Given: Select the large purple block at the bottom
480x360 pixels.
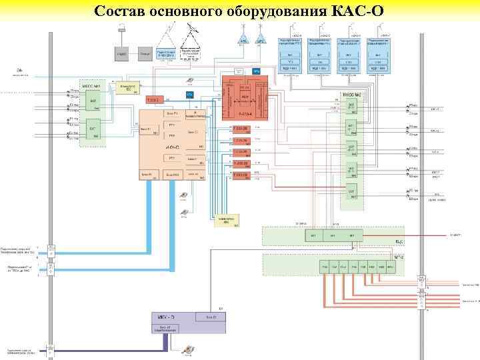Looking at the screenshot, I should (188, 323).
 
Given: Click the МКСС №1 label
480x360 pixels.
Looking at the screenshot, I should (91, 87).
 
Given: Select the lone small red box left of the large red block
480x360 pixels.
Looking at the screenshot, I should (154, 99).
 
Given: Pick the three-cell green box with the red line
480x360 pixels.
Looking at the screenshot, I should (333, 235).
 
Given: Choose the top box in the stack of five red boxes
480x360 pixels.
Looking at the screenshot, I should (240, 129).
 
